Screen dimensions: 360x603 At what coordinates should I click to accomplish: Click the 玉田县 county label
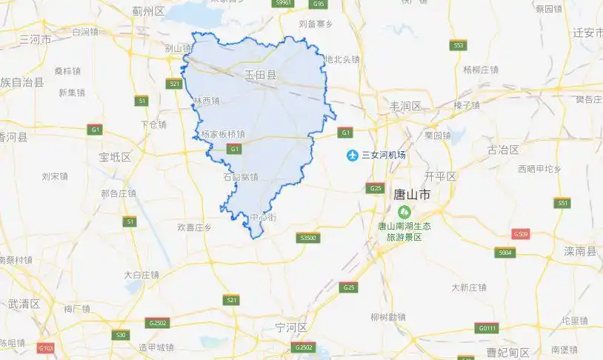(261, 75)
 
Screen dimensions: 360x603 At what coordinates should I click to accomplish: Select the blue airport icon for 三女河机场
(353, 155)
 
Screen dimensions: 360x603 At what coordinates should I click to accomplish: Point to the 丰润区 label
(404, 107)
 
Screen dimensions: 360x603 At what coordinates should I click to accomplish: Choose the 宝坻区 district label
(115, 157)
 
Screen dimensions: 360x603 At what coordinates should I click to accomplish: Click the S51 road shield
(563, 203)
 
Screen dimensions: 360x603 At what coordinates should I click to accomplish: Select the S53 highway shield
(459, 46)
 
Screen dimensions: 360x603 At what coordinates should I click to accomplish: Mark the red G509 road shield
(521, 234)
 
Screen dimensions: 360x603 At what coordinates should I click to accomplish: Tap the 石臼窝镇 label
(241, 177)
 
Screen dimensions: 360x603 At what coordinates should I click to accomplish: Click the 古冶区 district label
(504, 150)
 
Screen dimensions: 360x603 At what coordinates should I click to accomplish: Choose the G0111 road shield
(487, 328)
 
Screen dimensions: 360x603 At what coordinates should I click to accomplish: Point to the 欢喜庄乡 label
(195, 227)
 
